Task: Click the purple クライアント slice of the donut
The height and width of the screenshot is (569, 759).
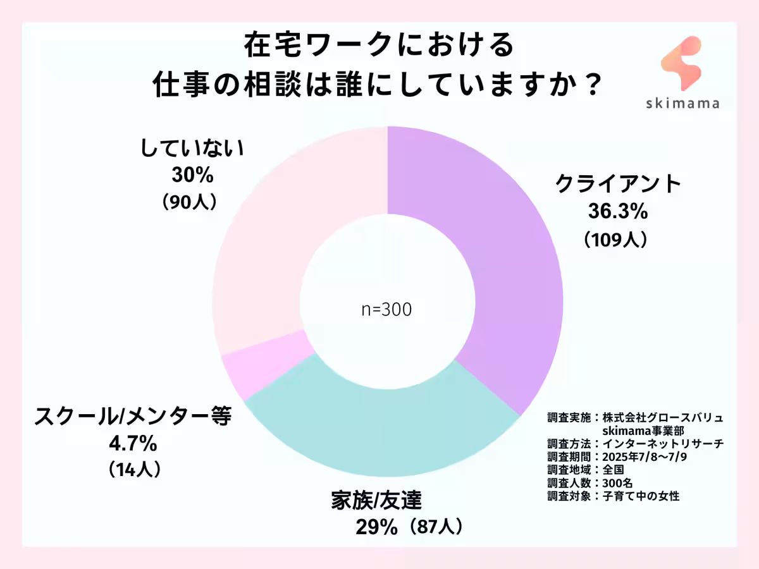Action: point(500,266)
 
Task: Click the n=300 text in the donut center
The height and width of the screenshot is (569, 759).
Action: point(386,310)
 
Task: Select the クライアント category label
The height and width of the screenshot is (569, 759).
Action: point(618,184)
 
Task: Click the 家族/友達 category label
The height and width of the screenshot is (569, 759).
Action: point(376,501)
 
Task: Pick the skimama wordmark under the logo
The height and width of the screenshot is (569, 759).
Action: point(681,103)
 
